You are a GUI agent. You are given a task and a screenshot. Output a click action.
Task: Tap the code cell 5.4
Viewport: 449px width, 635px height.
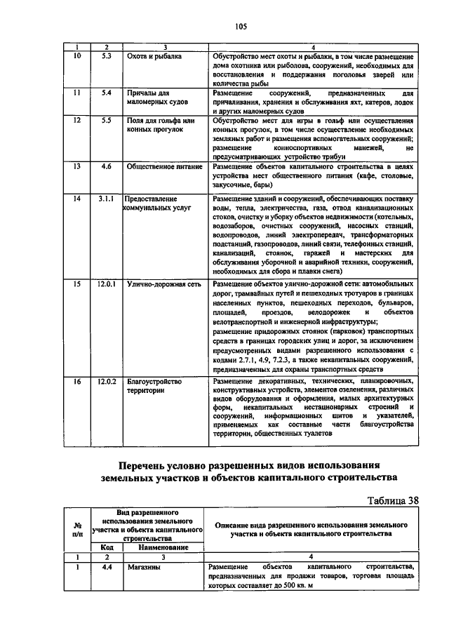click(x=107, y=93)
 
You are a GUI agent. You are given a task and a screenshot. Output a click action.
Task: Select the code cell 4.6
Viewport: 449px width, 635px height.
click(x=107, y=166)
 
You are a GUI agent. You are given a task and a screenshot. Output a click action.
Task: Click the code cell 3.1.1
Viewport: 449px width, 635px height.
click(x=107, y=199)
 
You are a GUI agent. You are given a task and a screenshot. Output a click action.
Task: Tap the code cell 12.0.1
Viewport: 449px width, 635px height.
click(x=107, y=284)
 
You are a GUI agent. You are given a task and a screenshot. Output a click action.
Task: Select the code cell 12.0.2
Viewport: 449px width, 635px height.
click(x=107, y=381)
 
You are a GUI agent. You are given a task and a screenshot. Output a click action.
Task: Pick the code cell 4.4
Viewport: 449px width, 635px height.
click(x=107, y=568)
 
